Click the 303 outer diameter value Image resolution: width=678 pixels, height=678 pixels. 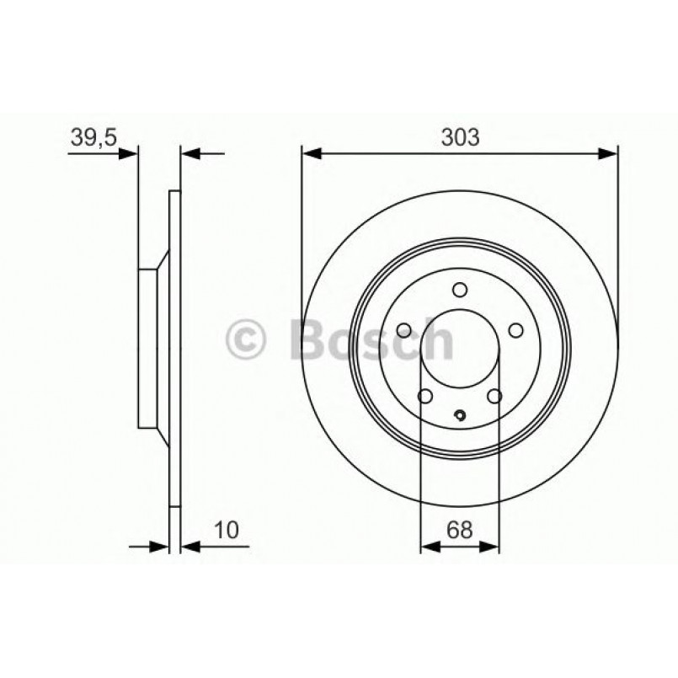coord(460,136)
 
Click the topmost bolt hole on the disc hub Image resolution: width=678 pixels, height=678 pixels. coord(460,290)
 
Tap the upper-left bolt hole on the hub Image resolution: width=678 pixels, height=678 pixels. coord(403,330)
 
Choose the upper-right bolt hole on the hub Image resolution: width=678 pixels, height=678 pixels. coord(516,330)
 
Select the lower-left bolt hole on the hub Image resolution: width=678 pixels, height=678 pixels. coord(425,396)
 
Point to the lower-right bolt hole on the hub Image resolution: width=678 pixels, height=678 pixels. coord(495,396)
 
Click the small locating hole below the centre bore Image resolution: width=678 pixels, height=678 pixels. coord(460,414)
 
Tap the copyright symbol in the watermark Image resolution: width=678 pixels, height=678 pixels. coord(247,341)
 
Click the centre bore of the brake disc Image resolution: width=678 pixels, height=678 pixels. coord(460,350)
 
